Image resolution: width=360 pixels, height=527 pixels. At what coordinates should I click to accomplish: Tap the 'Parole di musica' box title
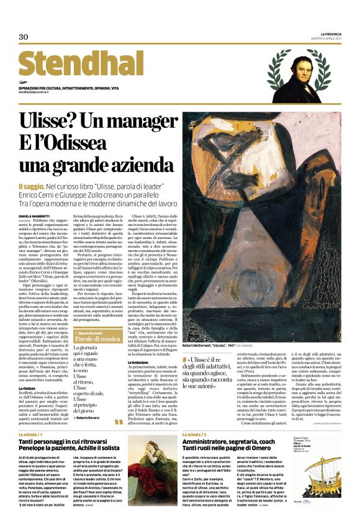97,340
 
